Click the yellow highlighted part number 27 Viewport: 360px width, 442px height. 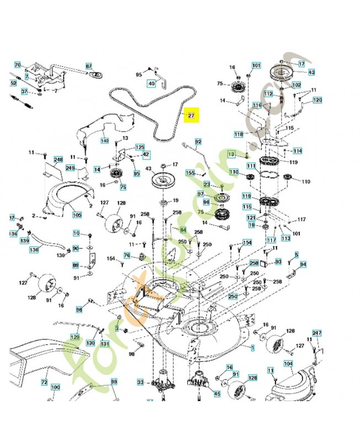[x=191, y=115]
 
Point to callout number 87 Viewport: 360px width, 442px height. [x=88, y=66]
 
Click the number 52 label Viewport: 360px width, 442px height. [x=13, y=83]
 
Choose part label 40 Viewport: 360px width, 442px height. [x=151, y=83]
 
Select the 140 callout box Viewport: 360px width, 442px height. [x=104, y=140]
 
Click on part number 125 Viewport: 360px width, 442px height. [x=140, y=148]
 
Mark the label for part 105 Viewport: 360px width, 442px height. [x=77, y=214]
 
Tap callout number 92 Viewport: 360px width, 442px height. [x=198, y=142]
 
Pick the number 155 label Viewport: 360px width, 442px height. [x=190, y=173]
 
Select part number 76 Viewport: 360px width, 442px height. [x=126, y=255]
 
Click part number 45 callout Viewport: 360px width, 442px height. [x=216, y=394]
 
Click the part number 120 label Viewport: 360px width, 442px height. [x=317, y=100]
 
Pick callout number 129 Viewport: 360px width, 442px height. [x=75, y=336]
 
